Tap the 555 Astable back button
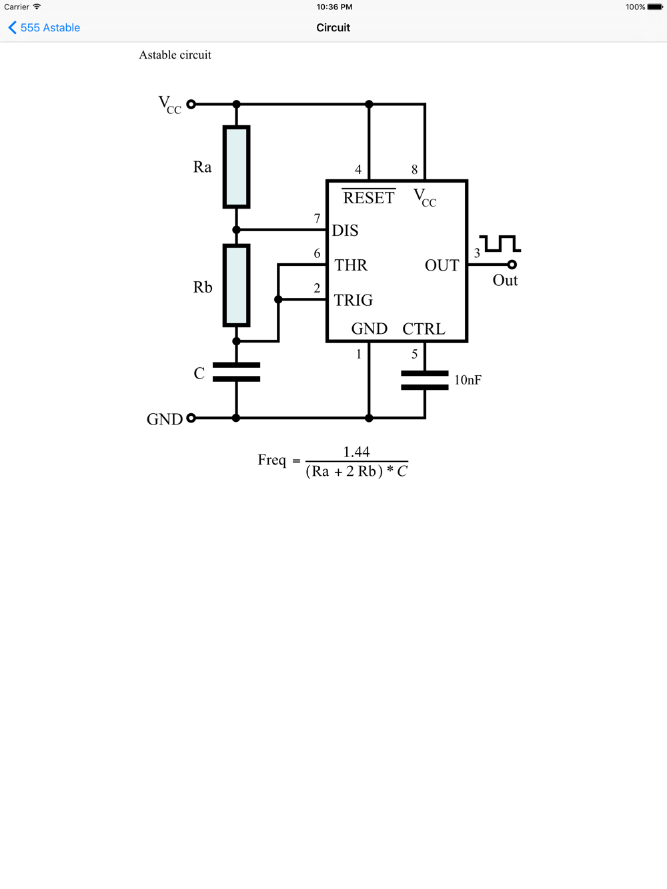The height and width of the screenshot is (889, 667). pyautogui.click(x=44, y=27)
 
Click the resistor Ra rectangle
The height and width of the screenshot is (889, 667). pyautogui.click(x=236, y=167)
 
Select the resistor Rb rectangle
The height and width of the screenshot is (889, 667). pyautogui.click(x=236, y=285)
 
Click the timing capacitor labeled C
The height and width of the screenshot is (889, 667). pyautogui.click(x=236, y=372)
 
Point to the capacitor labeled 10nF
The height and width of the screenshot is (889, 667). pyautogui.click(x=425, y=381)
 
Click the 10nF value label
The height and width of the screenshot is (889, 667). pyautogui.click(x=468, y=380)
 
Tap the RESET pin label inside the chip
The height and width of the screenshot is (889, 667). pyautogui.click(x=368, y=197)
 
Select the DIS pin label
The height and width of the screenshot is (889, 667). pyautogui.click(x=346, y=231)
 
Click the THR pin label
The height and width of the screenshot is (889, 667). pyautogui.click(x=351, y=265)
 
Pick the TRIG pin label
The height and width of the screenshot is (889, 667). pyautogui.click(x=354, y=300)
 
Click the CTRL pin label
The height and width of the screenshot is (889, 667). pyautogui.click(x=424, y=329)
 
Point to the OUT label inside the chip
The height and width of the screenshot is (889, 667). pyautogui.click(x=442, y=266)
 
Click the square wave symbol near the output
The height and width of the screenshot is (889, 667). pyautogui.click(x=500, y=243)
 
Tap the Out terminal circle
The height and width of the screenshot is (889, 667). pyautogui.click(x=512, y=265)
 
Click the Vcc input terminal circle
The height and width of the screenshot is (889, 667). pyautogui.click(x=191, y=104)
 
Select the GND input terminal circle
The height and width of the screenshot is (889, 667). pyautogui.click(x=191, y=418)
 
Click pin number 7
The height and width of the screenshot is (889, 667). pyautogui.click(x=317, y=219)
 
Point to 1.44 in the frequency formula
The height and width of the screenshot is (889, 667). pyautogui.click(x=356, y=452)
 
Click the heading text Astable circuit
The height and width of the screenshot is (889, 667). pyautogui.click(x=175, y=55)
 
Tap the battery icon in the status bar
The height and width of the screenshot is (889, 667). pyautogui.click(x=655, y=7)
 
